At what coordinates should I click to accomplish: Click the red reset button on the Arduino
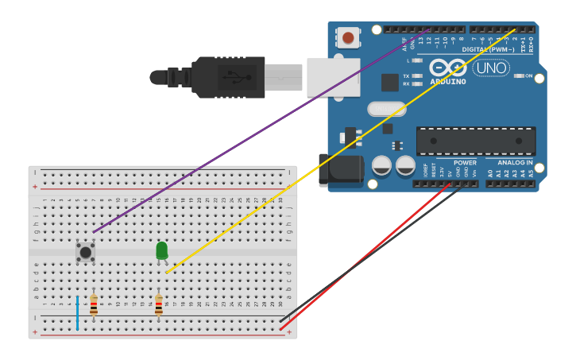pos(348,37)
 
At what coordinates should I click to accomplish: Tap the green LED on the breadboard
pos(162,251)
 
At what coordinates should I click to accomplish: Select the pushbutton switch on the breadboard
pos(86,252)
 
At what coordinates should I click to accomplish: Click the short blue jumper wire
pos(77,312)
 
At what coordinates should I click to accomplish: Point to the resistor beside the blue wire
pos(94,304)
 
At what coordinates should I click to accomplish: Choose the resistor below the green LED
pos(158,304)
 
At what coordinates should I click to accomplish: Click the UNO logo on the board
pos(491,68)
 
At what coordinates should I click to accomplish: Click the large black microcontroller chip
pos(476,141)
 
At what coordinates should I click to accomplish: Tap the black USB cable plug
pos(230,77)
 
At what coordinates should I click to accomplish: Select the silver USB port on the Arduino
pos(333,76)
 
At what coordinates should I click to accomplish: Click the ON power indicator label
pos(528,76)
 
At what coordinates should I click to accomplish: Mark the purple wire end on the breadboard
pos(94,232)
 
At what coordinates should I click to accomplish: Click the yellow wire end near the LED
pos(168,273)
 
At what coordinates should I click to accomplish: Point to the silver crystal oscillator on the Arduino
pos(387,109)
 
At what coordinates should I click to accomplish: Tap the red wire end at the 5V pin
pos(451,185)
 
